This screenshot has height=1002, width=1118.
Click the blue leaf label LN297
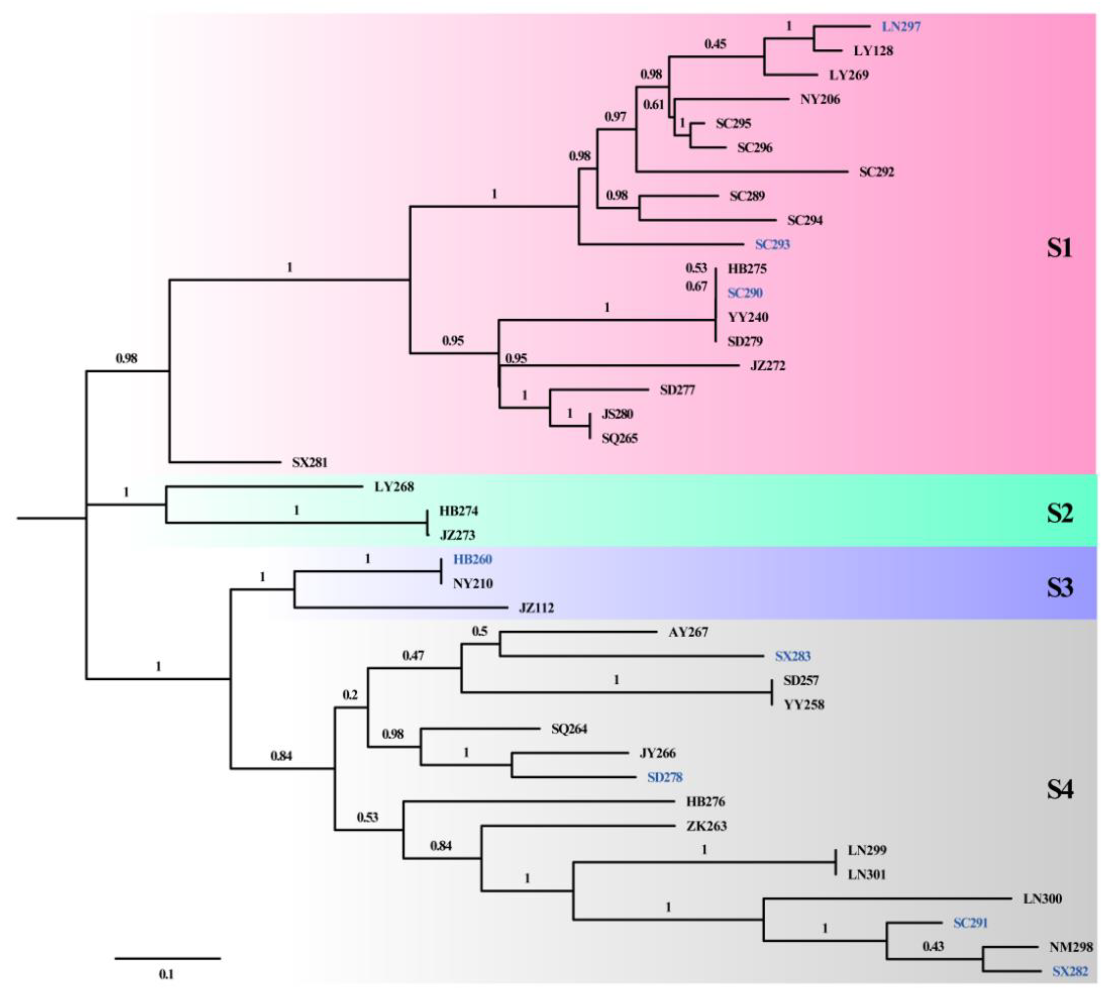point(901,26)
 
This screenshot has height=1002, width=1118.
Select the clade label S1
point(1059,248)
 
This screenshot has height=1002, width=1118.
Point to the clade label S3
point(1059,588)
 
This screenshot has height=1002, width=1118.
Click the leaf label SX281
point(309,462)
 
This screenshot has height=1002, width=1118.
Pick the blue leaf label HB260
point(472,559)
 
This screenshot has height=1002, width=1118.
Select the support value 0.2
point(350,695)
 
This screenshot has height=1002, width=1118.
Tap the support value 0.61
point(653,105)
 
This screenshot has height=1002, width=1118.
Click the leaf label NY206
point(820,99)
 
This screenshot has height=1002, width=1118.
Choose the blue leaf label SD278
point(665,777)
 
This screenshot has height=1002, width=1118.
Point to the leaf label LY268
point(394,487)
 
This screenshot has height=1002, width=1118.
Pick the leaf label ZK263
point(706,826)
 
